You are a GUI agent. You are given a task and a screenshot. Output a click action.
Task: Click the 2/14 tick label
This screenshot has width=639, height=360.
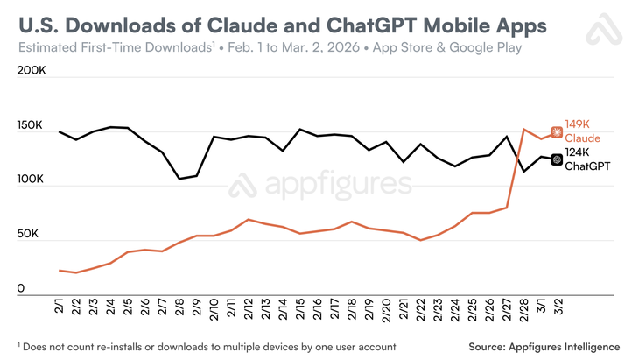tap(283, 312)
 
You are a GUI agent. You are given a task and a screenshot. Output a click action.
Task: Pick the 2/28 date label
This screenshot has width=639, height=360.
tap(523, 312)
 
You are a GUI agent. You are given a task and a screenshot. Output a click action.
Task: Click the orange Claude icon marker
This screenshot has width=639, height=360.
tap(556, 131)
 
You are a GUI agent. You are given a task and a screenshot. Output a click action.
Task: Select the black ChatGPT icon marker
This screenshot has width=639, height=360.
tap(556, 159)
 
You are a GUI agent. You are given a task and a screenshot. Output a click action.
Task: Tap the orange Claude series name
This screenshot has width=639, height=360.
tap(583, 138)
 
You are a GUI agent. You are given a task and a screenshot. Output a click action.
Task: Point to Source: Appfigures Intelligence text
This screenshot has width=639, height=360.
tap(544, 346)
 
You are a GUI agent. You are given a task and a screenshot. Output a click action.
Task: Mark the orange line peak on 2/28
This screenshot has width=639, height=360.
tap(523, 130)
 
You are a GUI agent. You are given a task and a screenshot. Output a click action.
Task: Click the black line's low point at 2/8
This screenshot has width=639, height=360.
tap(180, 179)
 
